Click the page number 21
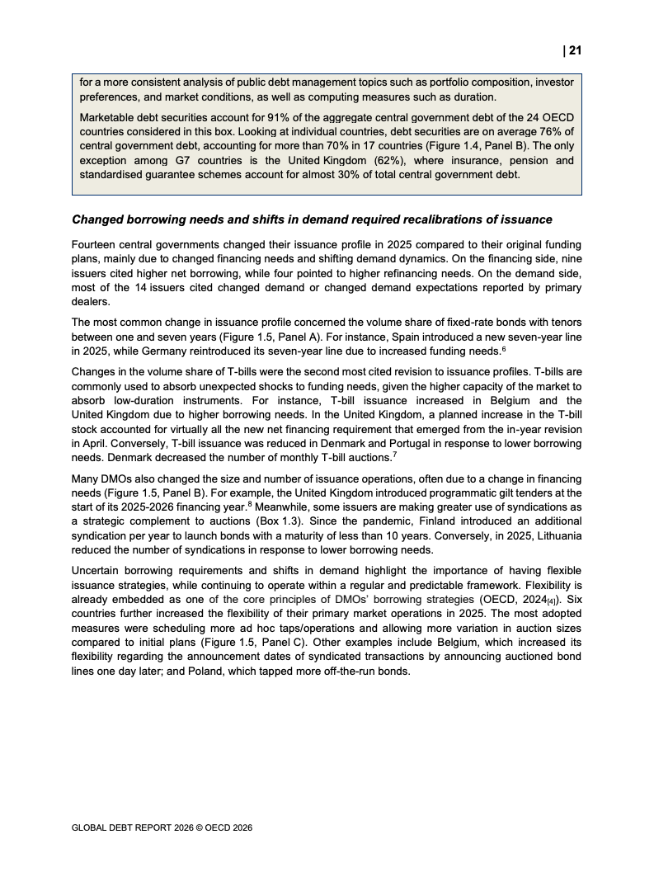pyautogui.click(x=575, y=50)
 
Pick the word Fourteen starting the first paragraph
pyautogui.click(x=94, y=245)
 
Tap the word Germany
pyautogui.click(x=166, y=351)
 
